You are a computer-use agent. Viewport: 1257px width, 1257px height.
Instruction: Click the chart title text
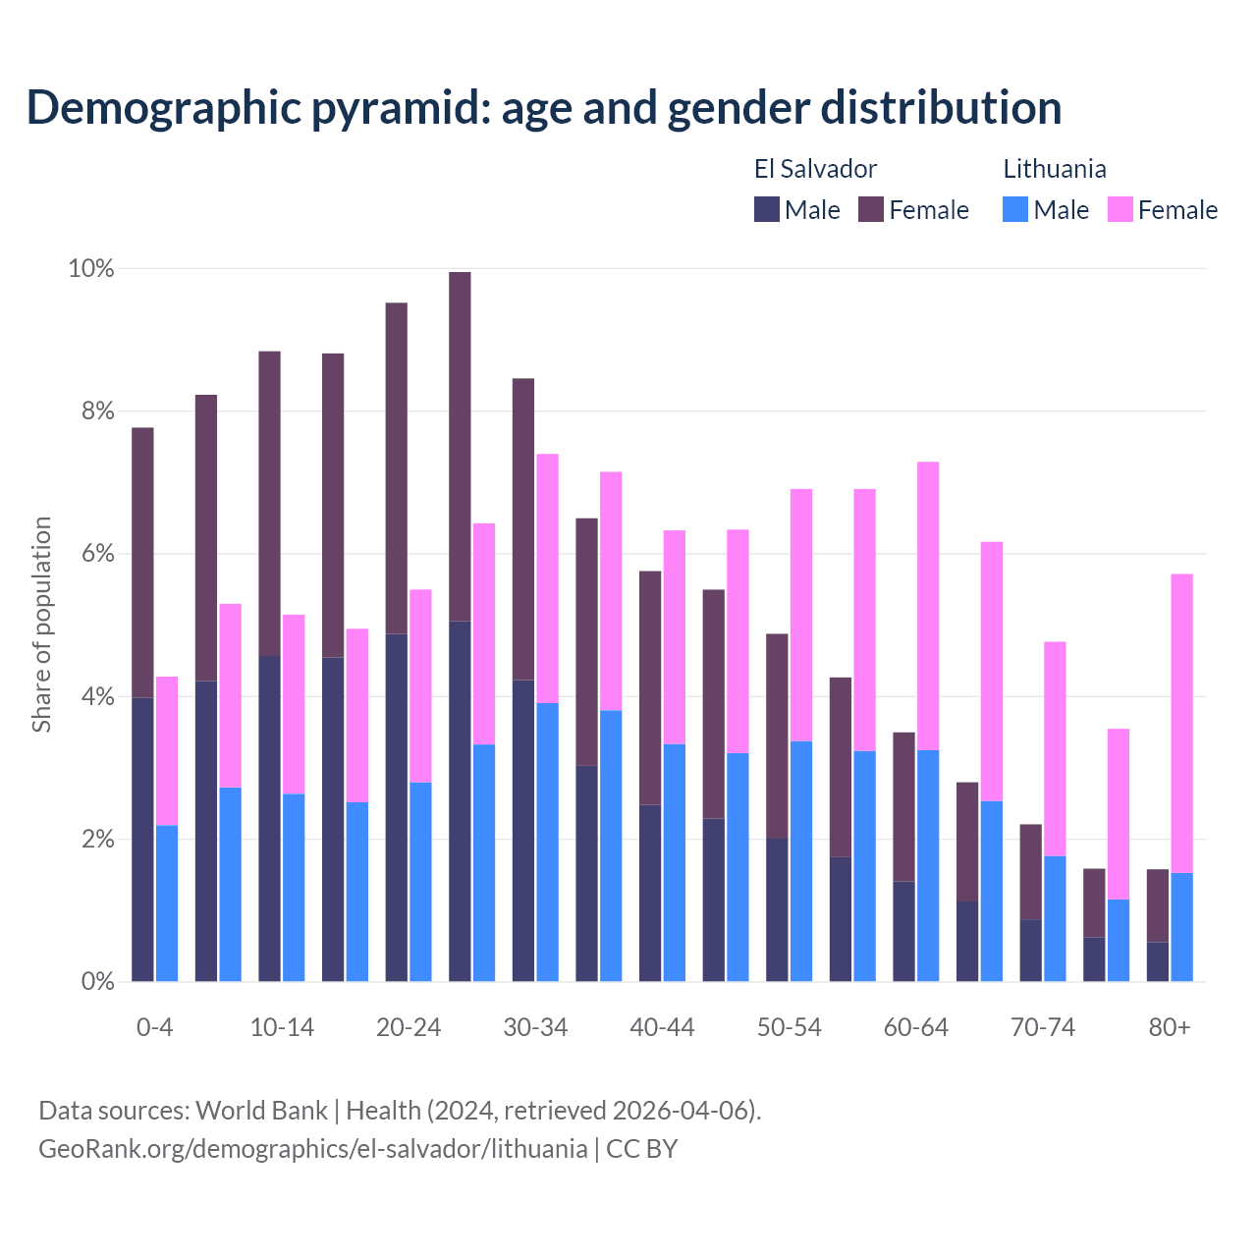[x=544, y=107]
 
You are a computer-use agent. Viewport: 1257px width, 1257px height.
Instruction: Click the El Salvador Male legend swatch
[x=767, y=209]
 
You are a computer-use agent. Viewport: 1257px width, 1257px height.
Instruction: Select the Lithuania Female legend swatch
[x=1120, y=209]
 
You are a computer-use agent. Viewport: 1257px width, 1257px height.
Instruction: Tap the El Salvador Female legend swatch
[x=871, y=209]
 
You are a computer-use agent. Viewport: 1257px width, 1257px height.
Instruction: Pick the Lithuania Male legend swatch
[x=1015, y=209]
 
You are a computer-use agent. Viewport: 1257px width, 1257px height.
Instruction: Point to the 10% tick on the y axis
[x=90, y=268]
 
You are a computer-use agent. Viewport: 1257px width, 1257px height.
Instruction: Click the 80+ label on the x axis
[x=1170, y=1028]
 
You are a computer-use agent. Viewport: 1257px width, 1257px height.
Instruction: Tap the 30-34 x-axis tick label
[x=535, y=1028]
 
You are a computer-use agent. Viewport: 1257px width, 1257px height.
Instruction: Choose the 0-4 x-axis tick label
[x=155, y=1028]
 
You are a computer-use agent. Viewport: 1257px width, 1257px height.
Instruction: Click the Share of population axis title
[x=41, y=625]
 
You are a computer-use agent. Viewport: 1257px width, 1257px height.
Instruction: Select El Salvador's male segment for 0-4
[x=142, y=840]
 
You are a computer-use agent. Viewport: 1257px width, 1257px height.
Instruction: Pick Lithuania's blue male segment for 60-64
[x=928, y=865]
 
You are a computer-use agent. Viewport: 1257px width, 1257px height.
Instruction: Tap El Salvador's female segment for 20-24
[x=397, y=468]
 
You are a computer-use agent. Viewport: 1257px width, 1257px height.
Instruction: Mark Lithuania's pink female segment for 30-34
[x=548, y=578]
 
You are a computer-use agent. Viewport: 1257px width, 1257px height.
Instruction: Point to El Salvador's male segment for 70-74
[x=1031, y=951]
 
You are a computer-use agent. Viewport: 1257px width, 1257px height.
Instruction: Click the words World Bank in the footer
[x=261, y=1111]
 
